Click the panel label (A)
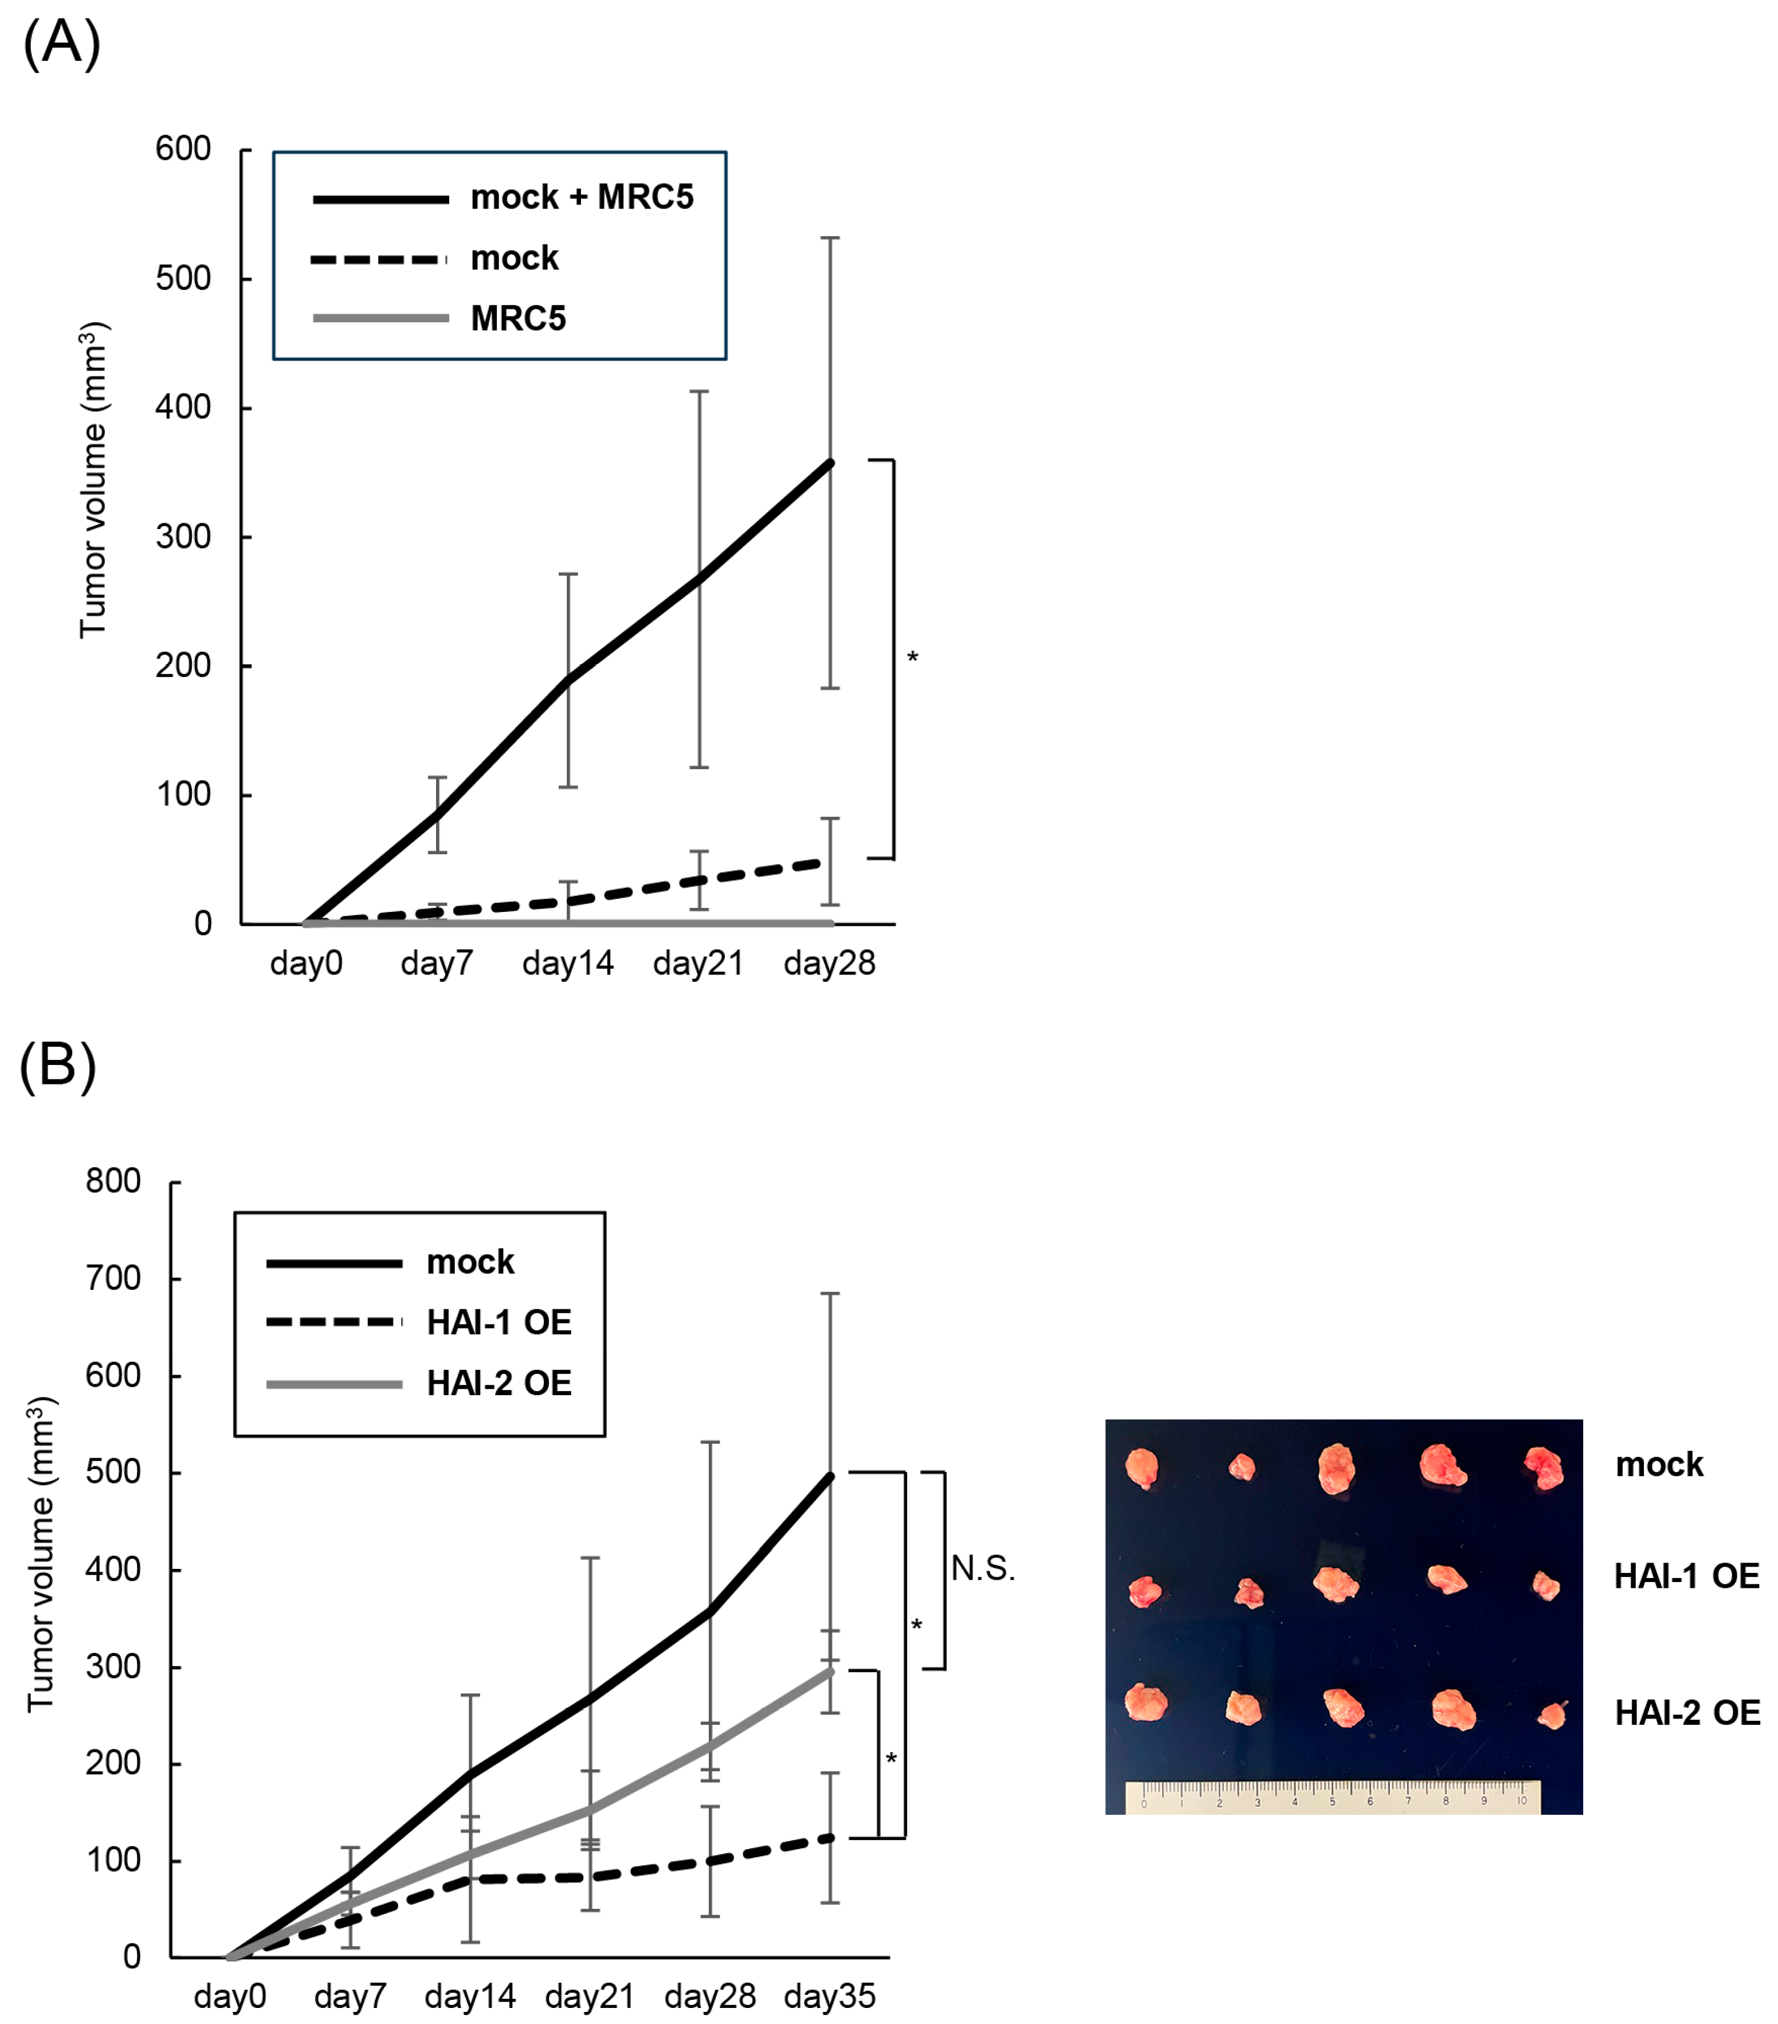click(61, 45)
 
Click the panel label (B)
click(57, 1067)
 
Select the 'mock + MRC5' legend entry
click(581, 198)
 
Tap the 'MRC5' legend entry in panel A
click(518, 319)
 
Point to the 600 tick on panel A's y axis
click(183, 150)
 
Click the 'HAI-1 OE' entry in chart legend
click(499, 1323)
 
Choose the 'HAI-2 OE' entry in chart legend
click(499, 1383)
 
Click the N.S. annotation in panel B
click(983, 1568)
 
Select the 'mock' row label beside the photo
click(1659, 1465)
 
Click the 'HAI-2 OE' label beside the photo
click(1687, 1713)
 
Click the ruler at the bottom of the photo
click(1333, 1796)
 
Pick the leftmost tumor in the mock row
click(1141, 1467)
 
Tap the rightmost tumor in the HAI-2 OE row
click(1551, 1714)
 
